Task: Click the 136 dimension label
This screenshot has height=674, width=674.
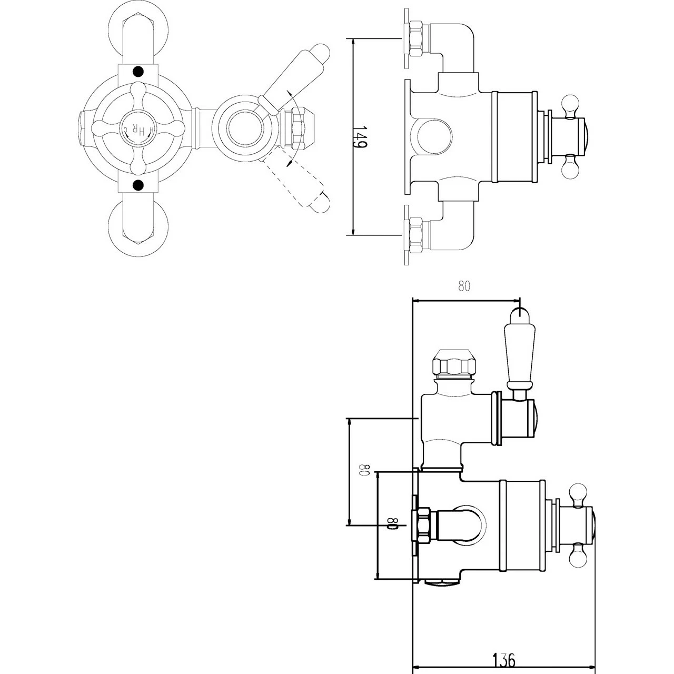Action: click(x=503, y=659)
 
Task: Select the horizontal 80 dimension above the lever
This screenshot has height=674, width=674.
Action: click(x=463, y=286)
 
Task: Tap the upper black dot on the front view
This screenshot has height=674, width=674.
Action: click(x=138, y=71)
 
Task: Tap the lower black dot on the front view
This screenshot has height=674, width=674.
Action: click(x=138, y=184)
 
